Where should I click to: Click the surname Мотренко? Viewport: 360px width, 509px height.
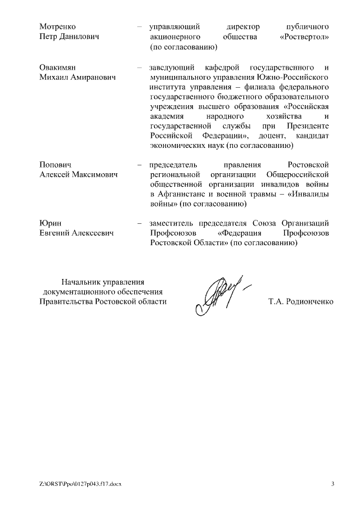coord(57,26)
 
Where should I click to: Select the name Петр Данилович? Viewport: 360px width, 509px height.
coord(69,37)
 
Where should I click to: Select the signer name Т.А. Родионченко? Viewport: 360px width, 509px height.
coord(301,301)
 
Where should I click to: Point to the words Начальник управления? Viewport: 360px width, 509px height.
coord(103,281)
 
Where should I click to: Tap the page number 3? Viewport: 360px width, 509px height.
coord(332,484)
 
